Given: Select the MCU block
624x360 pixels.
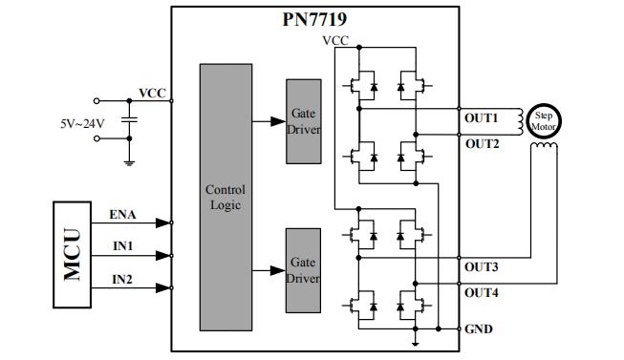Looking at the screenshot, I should click(73, 254).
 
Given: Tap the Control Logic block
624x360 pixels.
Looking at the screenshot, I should click(226, 198).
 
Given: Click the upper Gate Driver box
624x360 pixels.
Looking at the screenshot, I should click(304, 121).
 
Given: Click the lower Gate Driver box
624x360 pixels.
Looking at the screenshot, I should click(304, 270).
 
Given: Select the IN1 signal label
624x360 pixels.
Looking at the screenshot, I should click(122, 246).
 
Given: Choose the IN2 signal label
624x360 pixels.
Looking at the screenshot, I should click(122, 279).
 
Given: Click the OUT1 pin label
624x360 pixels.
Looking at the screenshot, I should click(482, 117).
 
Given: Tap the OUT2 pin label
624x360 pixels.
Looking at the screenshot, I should click(482, 143).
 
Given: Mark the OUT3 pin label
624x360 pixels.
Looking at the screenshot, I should click(482, 266).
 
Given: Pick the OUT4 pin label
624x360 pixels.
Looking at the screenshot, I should click(482, 293).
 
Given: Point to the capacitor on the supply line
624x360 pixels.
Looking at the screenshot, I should click(130, 118).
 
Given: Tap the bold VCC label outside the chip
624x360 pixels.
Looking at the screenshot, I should click(152, 93).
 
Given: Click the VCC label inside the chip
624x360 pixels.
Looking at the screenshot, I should click(335, 40).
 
